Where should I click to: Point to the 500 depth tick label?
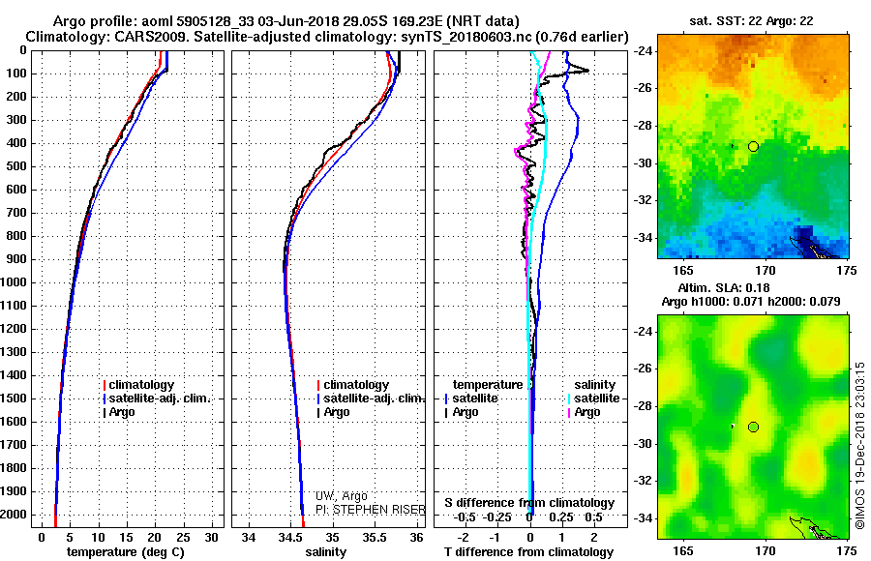coord(16,166)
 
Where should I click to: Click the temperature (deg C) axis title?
coord(126,552)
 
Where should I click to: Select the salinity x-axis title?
coord(325,552)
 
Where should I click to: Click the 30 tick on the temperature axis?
coord(211,538)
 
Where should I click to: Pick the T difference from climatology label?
coord(528,552)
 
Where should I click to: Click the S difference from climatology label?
coord(529,503)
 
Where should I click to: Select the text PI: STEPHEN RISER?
coord(371,510)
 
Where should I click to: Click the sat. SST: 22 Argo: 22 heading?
coord(752,21)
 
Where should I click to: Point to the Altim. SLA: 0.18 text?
coord(724,287)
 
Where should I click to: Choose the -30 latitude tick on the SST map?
coord(643,163)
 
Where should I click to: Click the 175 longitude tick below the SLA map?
coord(847,550)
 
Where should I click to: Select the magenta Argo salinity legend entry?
coord(584,412)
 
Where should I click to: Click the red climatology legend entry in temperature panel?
coord(138,385)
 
